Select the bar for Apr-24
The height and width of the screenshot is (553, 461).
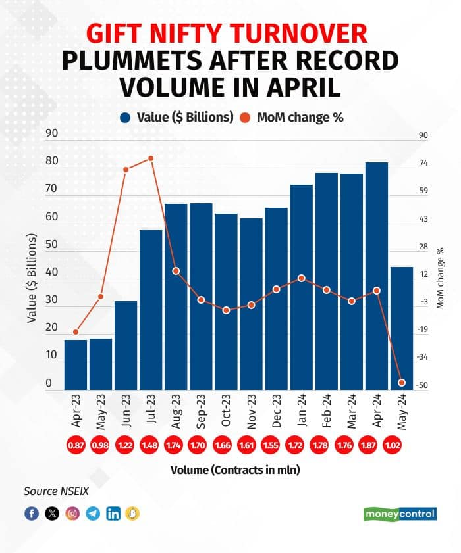tap(377, 276)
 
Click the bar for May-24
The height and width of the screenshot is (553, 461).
tap(402, 329)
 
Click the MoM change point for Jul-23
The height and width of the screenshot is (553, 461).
tap(151, 158)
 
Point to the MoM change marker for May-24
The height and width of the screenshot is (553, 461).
tap(402, 383)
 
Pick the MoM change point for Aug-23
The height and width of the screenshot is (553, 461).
tap(176, 271)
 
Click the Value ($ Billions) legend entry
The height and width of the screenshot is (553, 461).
tap(177, 118)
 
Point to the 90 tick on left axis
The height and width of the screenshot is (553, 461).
tap(51, 133)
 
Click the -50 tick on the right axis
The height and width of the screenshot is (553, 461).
tap(423, 385)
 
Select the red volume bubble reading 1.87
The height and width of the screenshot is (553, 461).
tap(377, 445)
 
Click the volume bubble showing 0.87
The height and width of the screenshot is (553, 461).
tap(76, 445)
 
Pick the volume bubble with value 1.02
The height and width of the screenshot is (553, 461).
tap(402, 445)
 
